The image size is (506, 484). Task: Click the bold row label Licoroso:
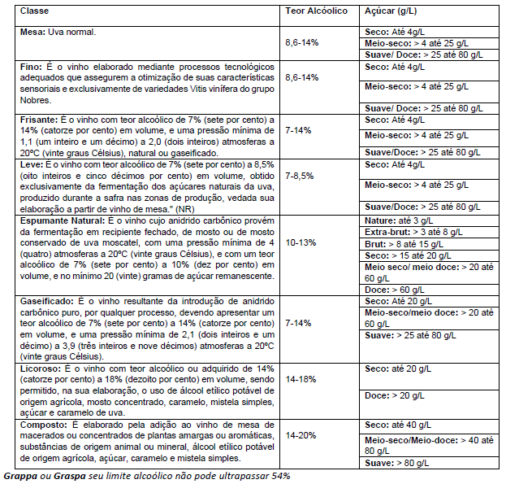41,368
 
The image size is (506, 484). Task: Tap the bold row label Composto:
43,424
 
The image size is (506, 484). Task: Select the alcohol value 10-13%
302,242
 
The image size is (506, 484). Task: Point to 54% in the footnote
279,475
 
